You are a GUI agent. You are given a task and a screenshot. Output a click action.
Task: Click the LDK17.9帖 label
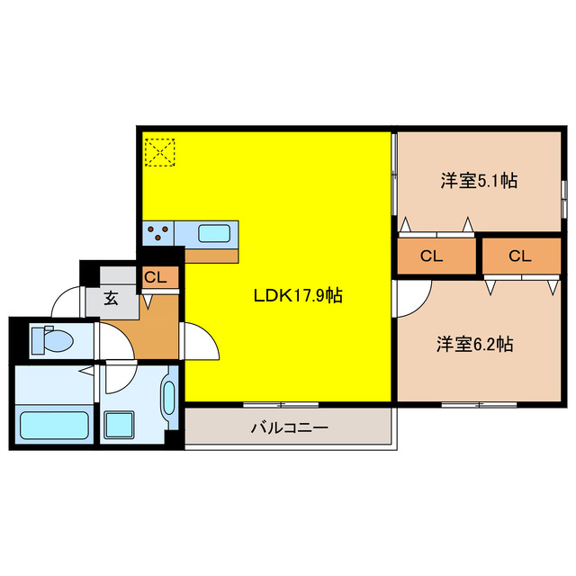296,294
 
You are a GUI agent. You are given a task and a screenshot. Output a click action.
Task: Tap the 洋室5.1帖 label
478,180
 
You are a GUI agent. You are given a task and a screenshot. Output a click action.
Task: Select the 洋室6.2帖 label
475,344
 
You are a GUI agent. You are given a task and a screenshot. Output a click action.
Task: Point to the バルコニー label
289,427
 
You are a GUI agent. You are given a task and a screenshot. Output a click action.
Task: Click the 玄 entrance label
111,300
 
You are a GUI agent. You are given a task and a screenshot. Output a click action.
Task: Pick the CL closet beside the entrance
156,278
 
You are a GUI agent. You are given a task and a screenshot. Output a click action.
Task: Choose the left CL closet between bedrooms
432,256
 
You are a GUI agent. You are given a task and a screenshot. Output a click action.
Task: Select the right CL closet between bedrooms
520,256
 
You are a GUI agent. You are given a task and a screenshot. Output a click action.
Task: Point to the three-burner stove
158,234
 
